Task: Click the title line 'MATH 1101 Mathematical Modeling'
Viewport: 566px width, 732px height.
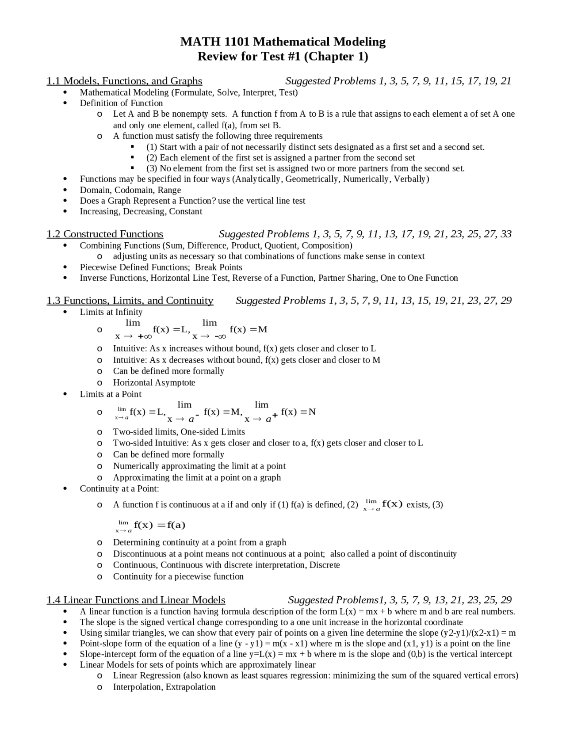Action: [x=283, y=42]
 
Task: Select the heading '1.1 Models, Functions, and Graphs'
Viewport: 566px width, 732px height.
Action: [x=124, y=81]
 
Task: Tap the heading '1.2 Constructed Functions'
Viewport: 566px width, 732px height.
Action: [x=105, y=234]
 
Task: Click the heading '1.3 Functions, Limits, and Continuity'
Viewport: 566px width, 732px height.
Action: [x=130, y=301]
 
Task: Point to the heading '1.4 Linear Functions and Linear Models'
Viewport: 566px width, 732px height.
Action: [x=136, y=600]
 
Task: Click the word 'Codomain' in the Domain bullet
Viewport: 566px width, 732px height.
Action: [x=133, y=190]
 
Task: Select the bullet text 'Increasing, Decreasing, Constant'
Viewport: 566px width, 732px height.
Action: [x=141, y=211]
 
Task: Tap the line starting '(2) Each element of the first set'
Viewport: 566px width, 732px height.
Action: [x=280, y=158]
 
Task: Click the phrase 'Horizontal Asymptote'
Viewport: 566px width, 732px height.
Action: [x=154, y=383]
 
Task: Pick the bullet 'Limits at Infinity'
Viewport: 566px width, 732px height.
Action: [x=111, y=312]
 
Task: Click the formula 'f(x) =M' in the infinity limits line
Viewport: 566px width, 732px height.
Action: [x=248, y=329]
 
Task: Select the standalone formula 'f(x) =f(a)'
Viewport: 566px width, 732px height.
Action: [x=159, y=525]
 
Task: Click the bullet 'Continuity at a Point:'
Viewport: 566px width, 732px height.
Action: [x=119, y=488]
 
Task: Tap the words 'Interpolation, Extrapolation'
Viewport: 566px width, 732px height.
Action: [x=164, y=687]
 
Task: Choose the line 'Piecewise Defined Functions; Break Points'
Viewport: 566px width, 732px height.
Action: [x=161, y=267]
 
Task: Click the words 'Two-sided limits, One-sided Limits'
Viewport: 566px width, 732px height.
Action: [x=179, y=432]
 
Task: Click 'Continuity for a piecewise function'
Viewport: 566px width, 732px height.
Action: [x=178, y=576]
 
